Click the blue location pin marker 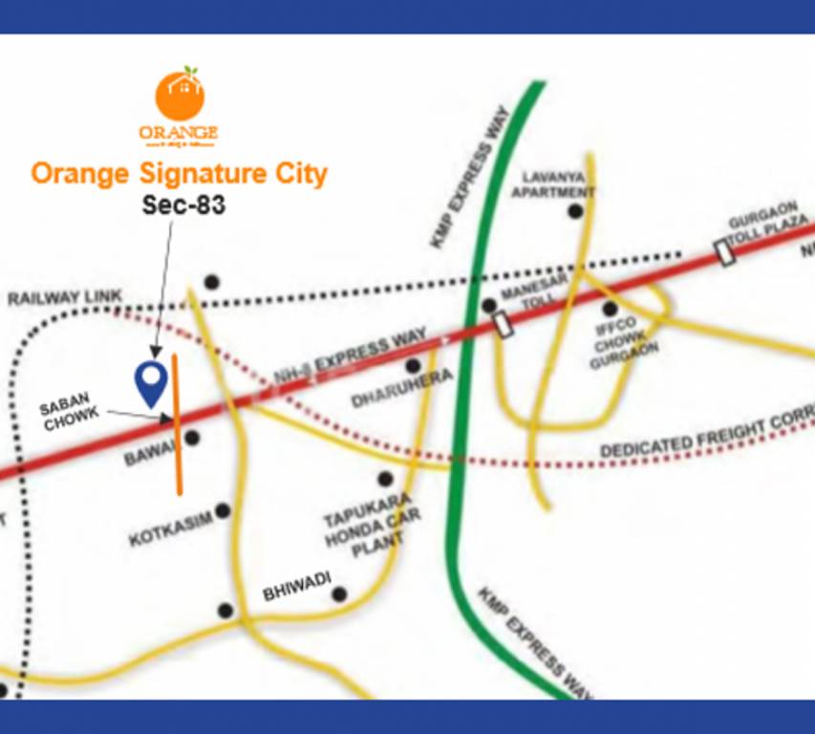pos(149,380)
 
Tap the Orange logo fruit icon pos(180,96)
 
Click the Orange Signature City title pos(179,174)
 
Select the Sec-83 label pos(183,205)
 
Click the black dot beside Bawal pos(192,438)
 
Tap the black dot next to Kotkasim pos(223,511)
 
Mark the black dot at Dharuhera pos(414,366)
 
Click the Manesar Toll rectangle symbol pos(504,324)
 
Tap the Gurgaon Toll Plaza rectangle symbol pos(726,252)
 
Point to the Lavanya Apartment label pos(553,184)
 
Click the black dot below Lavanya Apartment pos(576,212)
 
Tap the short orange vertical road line pos(178,424)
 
